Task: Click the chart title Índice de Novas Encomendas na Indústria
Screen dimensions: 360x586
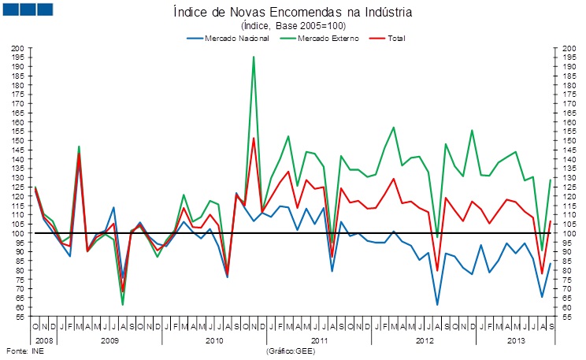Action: pos(292,12)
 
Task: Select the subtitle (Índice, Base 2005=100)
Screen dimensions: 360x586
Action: pos(292,25)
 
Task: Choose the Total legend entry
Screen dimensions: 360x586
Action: pos(397,38)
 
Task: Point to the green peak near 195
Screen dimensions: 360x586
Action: pos(254,57)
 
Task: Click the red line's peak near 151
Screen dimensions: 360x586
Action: pos(254,139)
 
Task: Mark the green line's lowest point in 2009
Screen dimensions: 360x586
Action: pos(123,304)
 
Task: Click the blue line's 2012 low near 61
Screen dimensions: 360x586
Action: pos(437,305)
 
